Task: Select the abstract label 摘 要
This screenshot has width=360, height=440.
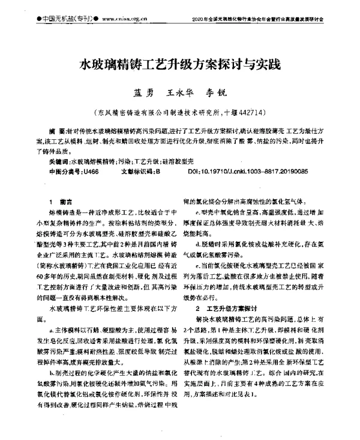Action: click(x=58, y=130)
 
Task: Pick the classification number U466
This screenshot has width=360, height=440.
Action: click(x=91, y=171)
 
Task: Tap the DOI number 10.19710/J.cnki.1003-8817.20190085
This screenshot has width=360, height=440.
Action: click(x=257, y=171)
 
